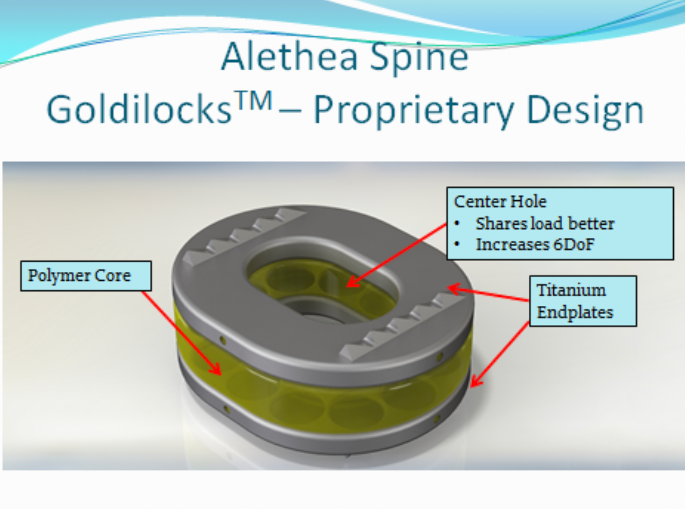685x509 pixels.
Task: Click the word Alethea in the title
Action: coord(289,57)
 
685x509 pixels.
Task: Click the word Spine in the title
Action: coord(419,59)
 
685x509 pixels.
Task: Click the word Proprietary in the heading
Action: coord(414,111)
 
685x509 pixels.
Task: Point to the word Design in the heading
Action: coord(585,111)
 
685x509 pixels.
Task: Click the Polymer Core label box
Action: coord(86,276)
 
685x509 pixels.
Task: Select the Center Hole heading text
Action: coord(500,201)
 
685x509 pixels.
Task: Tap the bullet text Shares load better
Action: coord(545,223)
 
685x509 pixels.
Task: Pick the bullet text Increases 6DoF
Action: coord(535,244)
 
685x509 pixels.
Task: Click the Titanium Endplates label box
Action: coord(583,301)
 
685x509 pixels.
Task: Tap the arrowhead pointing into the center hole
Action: coord(352,282)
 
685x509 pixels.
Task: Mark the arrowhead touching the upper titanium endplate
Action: coord(454,289)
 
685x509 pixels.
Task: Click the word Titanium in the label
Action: coord(571,290)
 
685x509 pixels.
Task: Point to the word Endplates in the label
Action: coord(575,312)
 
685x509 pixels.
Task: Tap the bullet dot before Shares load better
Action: coord(457,224)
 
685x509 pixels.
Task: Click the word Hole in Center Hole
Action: coord(528,201)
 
